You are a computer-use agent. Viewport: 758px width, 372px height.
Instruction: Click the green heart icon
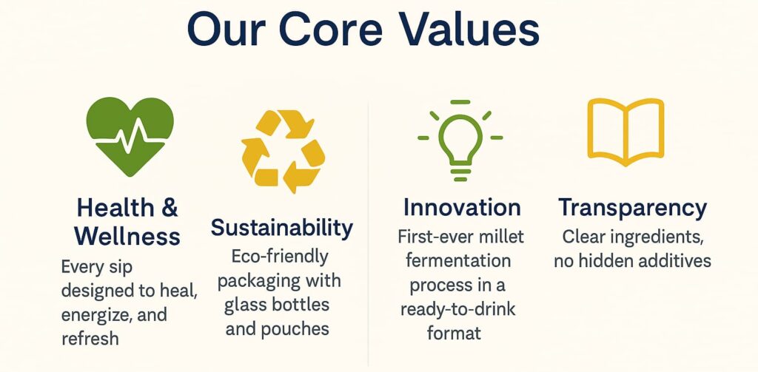point(130,137)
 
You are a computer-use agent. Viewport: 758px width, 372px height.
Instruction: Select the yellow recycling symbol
point(284,152)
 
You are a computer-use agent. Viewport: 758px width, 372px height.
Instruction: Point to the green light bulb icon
point(460,140)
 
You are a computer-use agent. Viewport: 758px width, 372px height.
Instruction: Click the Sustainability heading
point(282,228)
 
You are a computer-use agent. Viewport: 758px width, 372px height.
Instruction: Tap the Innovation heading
point(462,207)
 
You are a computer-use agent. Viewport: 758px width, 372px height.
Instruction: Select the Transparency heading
point(632,209)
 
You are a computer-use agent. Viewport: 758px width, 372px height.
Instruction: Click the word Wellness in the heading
point(127,237)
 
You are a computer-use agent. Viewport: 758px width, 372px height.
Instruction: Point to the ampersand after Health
point(170,208)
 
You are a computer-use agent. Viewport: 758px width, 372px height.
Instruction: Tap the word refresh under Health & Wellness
point(90,338)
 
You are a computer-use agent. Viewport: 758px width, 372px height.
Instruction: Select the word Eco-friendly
point(280,257)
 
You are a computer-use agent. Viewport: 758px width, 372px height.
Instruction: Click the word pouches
point(295,330)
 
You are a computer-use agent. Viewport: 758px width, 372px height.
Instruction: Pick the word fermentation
point(458,260)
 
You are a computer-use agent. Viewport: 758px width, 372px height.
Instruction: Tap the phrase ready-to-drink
point(457,309)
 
